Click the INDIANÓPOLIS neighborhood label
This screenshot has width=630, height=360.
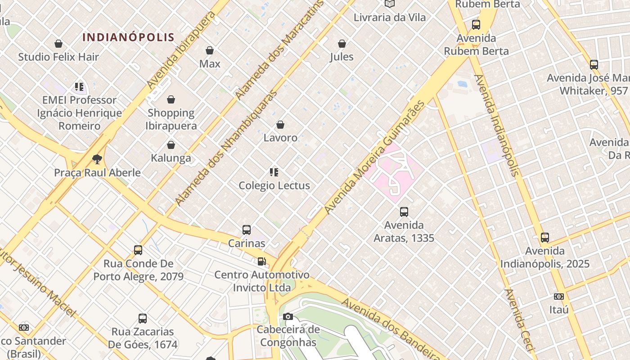coord(128,37)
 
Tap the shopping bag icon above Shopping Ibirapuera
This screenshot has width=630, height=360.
coord(171,99)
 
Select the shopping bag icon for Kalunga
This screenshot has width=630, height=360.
coord(171,145)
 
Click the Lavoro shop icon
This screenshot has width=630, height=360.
coord(280,125)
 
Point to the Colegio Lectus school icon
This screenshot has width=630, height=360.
coord(274,172)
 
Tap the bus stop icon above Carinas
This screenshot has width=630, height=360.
coord(247,230)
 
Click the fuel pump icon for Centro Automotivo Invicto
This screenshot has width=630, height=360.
coord(261,261)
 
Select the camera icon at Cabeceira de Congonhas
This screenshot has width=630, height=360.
coord(288,317)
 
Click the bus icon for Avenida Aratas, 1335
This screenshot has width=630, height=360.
coord(404,212)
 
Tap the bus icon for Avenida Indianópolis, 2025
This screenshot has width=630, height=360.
coord(545,238)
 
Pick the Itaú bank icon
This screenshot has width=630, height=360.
coord(559,297)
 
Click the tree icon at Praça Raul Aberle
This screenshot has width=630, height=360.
coord(97,159)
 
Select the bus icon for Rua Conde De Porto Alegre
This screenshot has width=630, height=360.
coord(138,250)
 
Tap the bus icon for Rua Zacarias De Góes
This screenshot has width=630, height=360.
coord(143,319)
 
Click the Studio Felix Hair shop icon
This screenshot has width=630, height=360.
coord(58,44)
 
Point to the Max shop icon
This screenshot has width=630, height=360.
coord(210,50)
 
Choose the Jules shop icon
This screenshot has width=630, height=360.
coord(342,44)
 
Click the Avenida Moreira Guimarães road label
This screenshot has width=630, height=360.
coord(374,157)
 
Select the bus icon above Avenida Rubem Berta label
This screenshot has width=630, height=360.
coord(476,25)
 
